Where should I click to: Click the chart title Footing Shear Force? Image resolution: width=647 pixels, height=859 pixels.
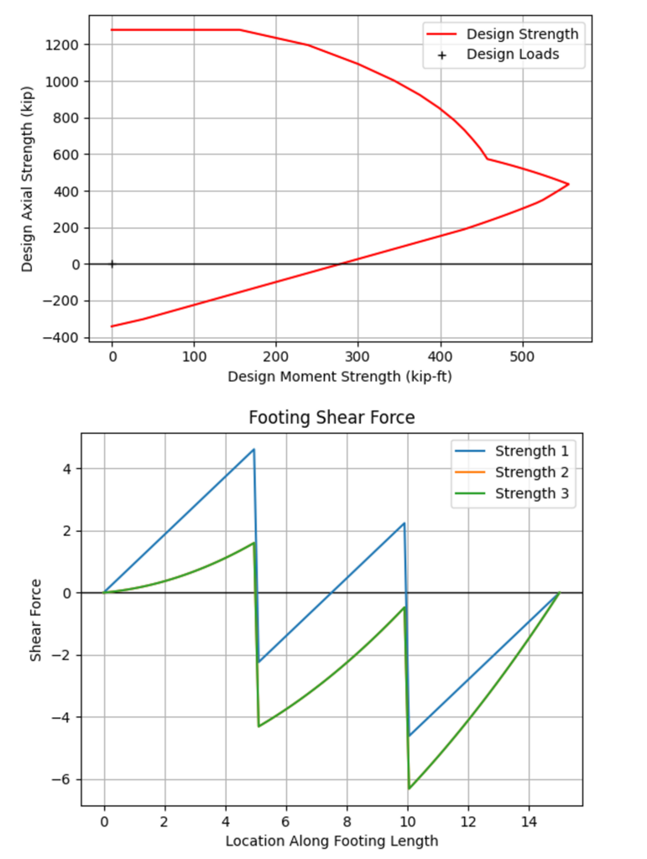[x=331, y=417]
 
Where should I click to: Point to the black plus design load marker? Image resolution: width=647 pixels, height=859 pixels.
[x=112, y=264]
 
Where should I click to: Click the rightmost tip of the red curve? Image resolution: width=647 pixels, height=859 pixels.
[x=568, y=184]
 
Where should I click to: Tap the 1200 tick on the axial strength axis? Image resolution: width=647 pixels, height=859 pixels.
[x=66, y=44]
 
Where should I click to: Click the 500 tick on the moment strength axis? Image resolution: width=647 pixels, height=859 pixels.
[x=522, y=356]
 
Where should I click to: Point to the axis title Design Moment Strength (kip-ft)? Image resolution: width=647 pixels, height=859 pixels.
[x=339, y=377]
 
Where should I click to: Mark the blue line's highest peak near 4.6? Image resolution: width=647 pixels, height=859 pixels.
[x=253, y=450]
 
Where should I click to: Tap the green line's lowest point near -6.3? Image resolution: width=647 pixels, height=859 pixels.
[x=410, y=789]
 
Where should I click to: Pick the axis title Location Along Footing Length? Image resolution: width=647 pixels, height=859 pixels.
[x=331, y=840]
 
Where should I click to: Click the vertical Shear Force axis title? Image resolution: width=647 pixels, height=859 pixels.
[x=36, y=618]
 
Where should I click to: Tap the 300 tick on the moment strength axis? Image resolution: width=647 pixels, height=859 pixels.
[x=358, y=356]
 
